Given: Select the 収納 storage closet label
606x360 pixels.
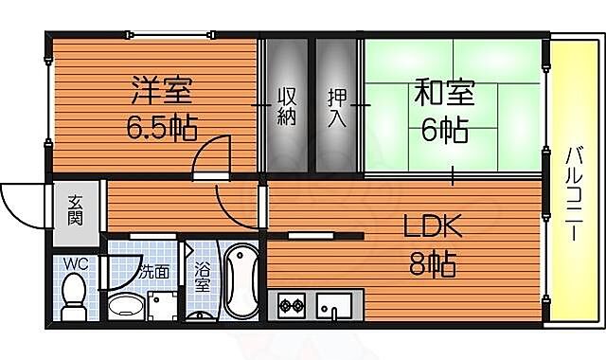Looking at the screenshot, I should point(288,106).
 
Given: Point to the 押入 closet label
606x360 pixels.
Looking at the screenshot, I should point(337,106).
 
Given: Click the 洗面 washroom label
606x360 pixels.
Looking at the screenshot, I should point(154,271).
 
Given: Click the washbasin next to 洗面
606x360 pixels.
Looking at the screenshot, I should point(124,306).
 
